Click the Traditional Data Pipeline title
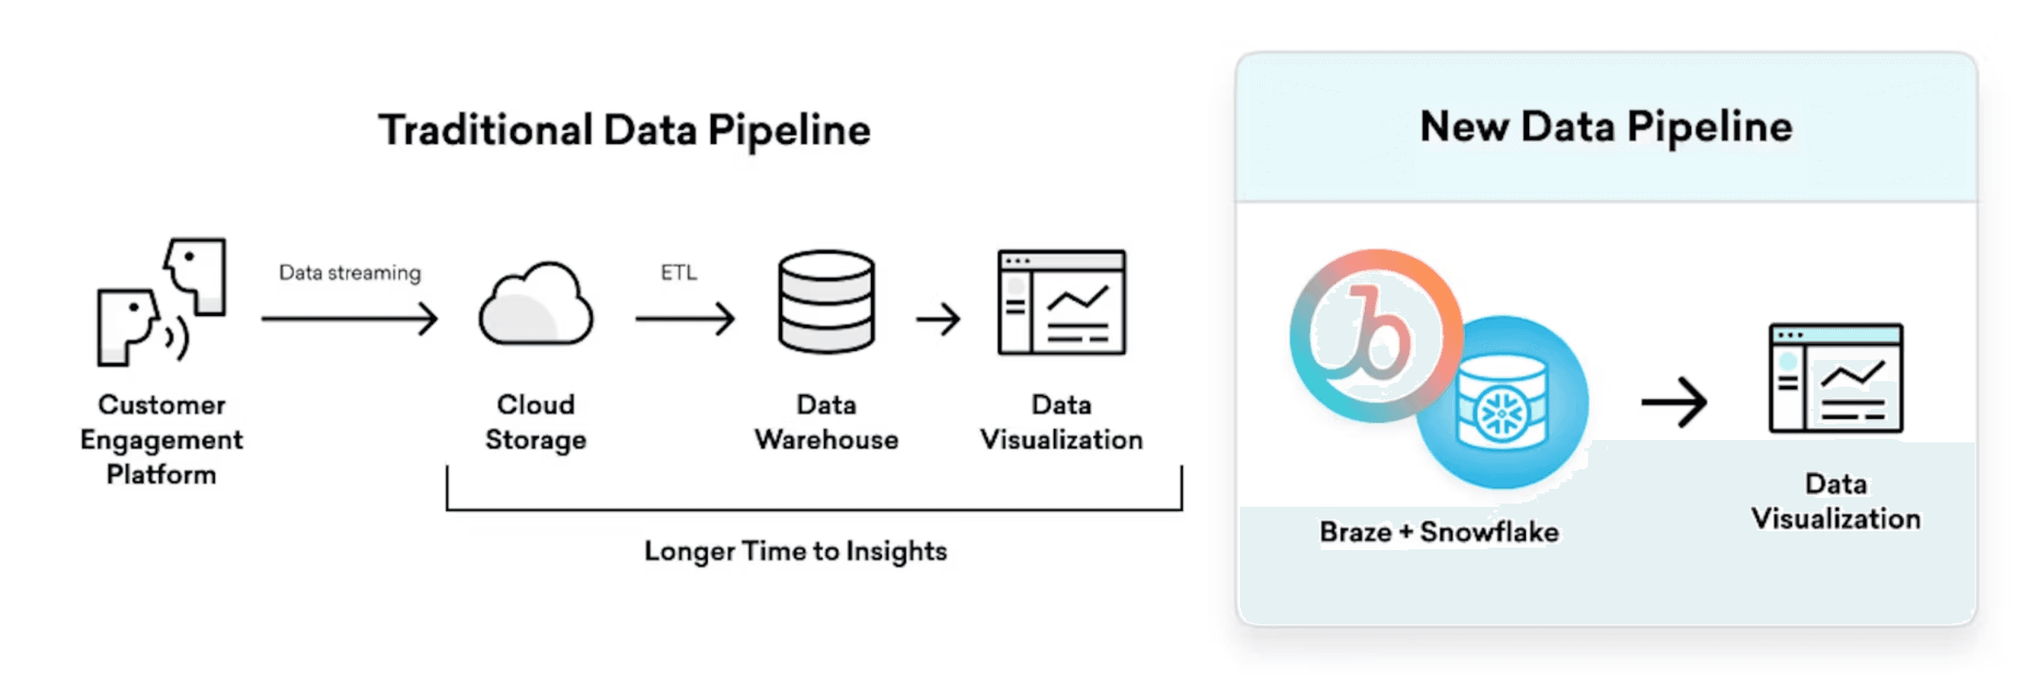point(625,131)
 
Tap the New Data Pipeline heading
point(1606,127)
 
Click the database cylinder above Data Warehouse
point(826,302)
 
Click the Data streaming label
point(349,273)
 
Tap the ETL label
point(678,273)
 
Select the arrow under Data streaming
point(349,318)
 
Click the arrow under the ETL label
point(685,318)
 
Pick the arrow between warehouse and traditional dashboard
point(937,319)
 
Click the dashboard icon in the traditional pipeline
point(1061,302)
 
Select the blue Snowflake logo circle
point(1502,403)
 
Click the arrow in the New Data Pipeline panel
point(1674,402)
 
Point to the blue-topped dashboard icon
point(1835,379)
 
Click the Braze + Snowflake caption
point(1438,532)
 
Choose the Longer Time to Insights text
point(795,552)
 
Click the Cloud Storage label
point(536,422)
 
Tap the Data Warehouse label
point(826,422)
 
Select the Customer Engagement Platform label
point(162,439)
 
